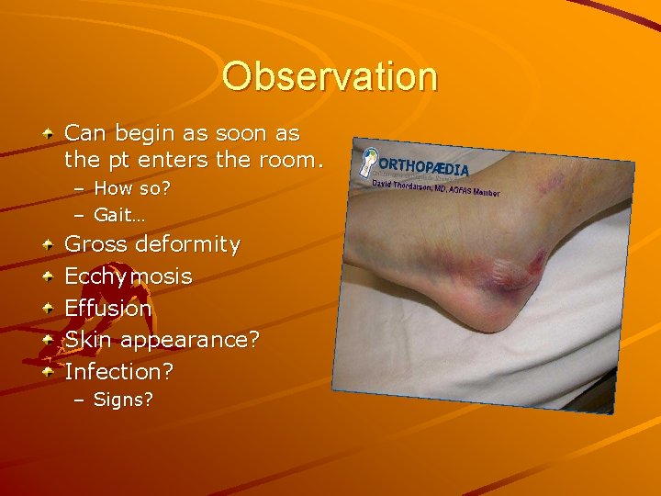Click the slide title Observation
point(330,76)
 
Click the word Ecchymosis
point(128,276)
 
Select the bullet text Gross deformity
point(151,245)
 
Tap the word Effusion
point(107,309)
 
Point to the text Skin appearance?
point(162,340)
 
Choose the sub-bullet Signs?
point(123,400)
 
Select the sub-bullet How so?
point(130,189)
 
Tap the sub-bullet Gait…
point(118,214)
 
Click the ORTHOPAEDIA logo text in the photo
point(423,166)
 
